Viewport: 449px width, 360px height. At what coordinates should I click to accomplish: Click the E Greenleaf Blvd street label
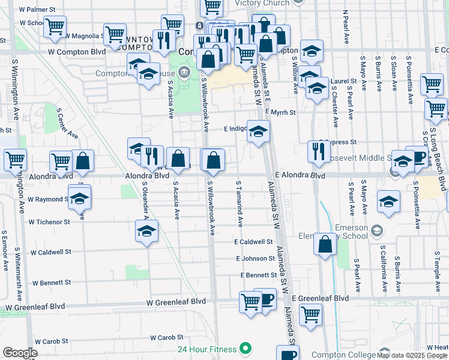[x=320, y=298]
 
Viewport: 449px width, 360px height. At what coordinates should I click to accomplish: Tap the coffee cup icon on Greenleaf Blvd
[x=265, y=299]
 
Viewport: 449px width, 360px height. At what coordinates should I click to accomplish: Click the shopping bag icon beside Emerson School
[x=325, y=245]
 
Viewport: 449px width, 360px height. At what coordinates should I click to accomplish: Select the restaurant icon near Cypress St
[x=318, y=152]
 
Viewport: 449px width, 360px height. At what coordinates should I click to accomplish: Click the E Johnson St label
[x=255, y=259]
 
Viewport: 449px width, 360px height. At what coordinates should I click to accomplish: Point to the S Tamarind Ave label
[x=240, y=204]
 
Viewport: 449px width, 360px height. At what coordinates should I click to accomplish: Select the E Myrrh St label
[x=280, y=112]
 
